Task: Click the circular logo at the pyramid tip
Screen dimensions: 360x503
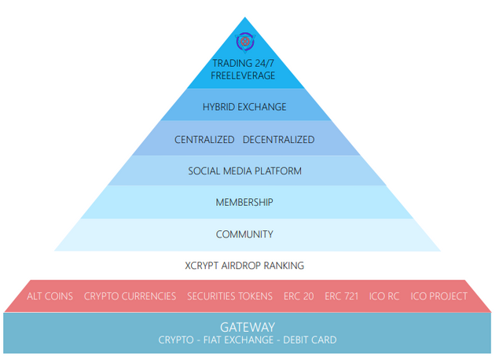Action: [x=244, y=42]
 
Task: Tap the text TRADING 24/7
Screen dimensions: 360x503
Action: [x=244, y=64]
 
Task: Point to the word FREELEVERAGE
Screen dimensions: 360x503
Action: [x=244, y=76]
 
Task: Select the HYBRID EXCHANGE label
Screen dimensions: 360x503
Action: [x=244, y=107]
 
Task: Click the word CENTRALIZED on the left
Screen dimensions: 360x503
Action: [x=204, y=140]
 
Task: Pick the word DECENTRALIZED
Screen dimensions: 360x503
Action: [x=278, y=140]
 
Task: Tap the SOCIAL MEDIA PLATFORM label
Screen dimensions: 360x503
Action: [x=244, y=171]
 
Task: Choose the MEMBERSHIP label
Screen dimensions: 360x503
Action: [x=244, y=202]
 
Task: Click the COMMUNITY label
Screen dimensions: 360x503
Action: [x=244, y=234]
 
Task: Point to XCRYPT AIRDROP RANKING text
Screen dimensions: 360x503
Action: [x=244, y=266]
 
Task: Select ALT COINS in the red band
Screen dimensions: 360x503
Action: [x=50, y=296]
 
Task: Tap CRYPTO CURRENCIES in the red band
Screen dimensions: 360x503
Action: [x=130, y=296]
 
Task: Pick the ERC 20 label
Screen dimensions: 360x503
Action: [x=299, y=296]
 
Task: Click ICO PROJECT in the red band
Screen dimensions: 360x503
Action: [x=439, y=296]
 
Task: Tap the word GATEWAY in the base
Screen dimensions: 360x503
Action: [x=247, y=326]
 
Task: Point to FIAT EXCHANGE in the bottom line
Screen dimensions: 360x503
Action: [x=236, y=340]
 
